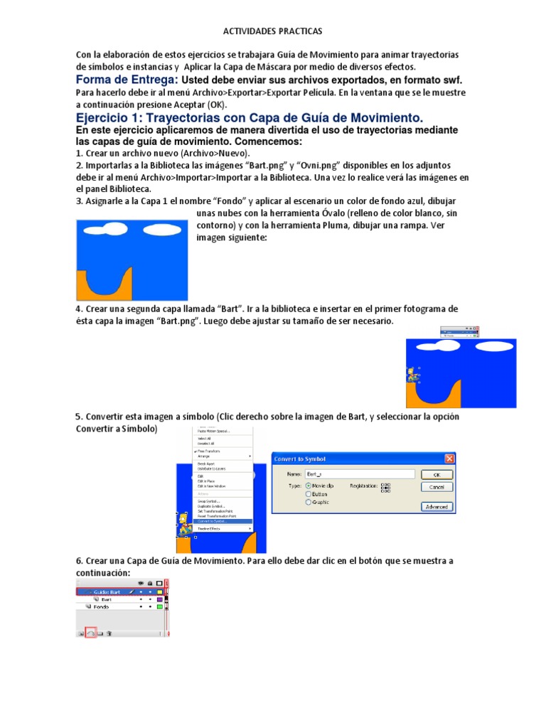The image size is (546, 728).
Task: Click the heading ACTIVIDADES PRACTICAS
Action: click(273, 31)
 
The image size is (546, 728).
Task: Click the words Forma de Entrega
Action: click(127, 80)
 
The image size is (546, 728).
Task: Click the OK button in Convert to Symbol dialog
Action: click(437, 474)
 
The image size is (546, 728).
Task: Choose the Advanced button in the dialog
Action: click(437, 506)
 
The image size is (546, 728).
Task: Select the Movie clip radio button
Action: click(309, 485)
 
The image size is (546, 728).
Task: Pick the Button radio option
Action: click(309, 493)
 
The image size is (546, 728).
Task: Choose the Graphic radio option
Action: click(309, 502)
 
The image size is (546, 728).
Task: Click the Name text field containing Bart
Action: click(359, 473)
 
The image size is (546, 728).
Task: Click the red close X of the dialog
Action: click(449, 459)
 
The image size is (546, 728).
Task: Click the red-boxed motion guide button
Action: click(90, 632)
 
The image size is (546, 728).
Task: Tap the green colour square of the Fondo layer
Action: click(160, 606)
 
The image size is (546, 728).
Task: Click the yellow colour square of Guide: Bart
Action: click(160, 591)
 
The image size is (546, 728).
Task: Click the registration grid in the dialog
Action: click(386, 487)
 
